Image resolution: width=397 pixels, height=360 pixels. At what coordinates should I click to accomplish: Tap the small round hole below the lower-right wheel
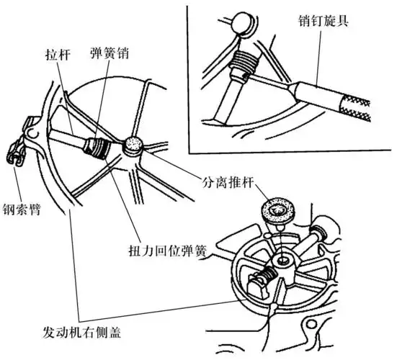tap(275, 311)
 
